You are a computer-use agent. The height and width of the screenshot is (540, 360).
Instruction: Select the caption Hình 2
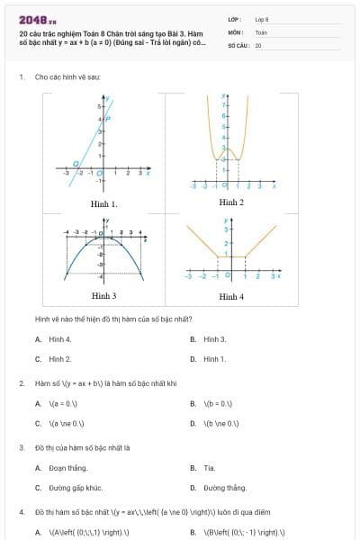coord(231,202)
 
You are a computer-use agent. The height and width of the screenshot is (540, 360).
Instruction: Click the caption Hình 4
coord(231,295)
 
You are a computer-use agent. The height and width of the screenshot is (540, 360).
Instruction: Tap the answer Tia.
coord(209,468)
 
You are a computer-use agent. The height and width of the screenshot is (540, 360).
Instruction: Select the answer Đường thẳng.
coord(224,488)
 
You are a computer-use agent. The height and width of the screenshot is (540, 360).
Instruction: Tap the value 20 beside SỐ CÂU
coord(257,44)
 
